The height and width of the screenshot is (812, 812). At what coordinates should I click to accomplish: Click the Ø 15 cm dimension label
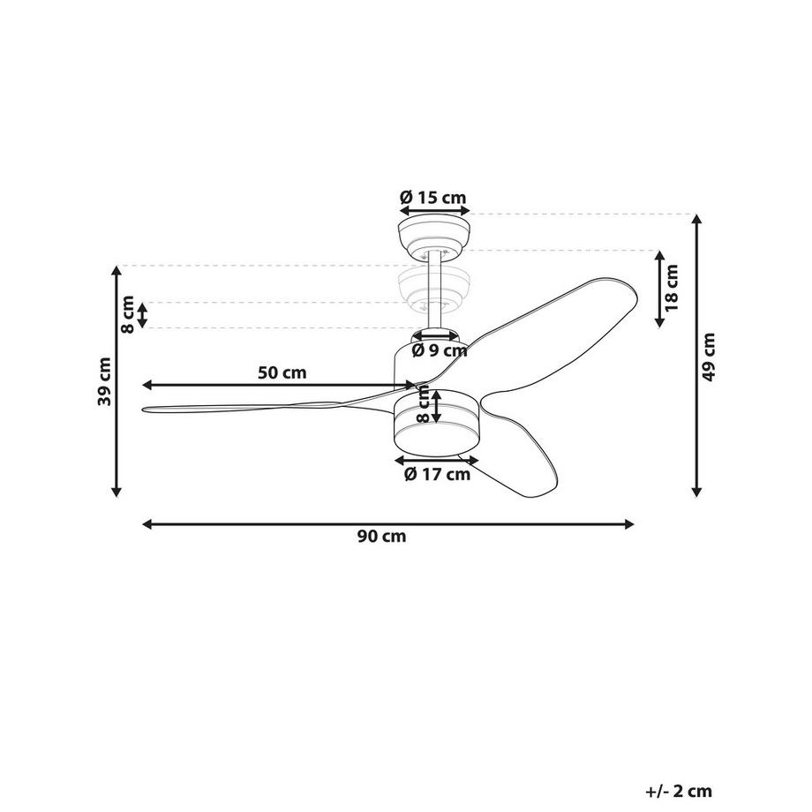point(432,198)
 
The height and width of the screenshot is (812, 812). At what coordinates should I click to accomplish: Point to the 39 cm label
point(105,381)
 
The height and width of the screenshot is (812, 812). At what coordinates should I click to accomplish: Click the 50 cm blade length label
point(282,372)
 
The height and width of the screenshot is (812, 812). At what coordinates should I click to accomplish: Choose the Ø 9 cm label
point(439,350)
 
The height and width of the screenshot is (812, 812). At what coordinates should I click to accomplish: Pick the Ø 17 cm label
point(437,475)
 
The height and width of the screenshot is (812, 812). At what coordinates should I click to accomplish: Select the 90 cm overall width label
point(382,537)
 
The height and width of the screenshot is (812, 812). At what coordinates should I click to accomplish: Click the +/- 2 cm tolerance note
point(678,792)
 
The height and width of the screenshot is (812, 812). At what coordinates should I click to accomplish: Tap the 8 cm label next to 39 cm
point(128,314)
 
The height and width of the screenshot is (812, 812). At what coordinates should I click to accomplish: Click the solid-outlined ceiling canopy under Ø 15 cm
point(433,235)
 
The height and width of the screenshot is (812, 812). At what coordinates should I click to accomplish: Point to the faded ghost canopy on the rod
point(433,288)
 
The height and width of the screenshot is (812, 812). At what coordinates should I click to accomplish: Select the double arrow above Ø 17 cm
point(436,460)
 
